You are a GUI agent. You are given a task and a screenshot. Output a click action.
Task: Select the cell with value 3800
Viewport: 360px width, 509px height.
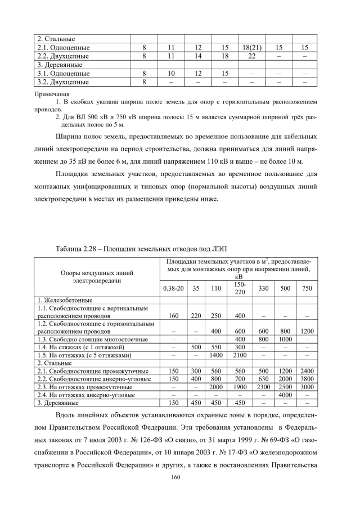[x=307, y=379]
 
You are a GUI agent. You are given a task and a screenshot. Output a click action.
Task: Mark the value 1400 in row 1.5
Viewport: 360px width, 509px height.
[x=216, y=355]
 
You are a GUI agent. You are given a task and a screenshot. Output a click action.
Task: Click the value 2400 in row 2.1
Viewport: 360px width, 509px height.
[x=307, y=371]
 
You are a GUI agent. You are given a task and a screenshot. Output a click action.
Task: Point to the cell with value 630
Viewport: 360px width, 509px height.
[x=263, y=379]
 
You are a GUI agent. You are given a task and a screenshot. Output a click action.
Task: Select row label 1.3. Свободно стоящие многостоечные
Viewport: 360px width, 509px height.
[x=92, y=340]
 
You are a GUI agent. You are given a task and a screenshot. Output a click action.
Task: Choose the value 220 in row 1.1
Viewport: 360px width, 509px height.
[x=196, y=316]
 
